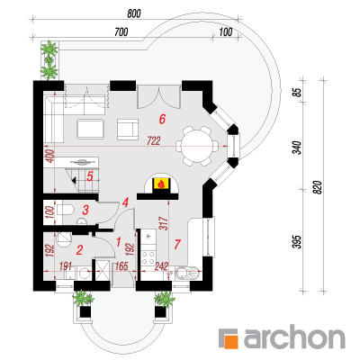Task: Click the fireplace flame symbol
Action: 161,184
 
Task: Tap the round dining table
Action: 197,147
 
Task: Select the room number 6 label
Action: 162,119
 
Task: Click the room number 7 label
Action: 177,245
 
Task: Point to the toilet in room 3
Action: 65,210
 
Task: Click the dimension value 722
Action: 154,140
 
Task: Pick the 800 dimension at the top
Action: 134,13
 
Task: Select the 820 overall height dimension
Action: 319,187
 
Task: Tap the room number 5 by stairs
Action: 90,176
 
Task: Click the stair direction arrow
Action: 74,180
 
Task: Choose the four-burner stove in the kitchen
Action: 148,257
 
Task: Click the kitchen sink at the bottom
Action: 187,273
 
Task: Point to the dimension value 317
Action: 164,223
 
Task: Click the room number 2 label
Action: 79,250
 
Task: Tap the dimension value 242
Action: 161,266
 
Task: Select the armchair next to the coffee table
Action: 128,130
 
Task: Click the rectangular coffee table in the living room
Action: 90,129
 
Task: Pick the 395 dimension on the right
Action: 296,241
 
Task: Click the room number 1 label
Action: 118,241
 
